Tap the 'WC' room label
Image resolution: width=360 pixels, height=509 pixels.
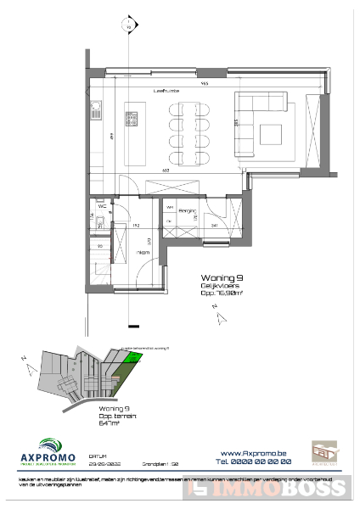point(101,205)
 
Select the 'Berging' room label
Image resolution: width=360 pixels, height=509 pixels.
point(188,207)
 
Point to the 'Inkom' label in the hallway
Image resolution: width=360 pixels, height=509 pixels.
point(144,252)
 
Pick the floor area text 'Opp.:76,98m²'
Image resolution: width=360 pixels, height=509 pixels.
point(223,293)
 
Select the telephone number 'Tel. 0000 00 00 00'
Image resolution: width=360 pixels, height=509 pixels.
point(255,461)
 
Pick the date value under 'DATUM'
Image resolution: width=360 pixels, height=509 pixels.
point(104,463)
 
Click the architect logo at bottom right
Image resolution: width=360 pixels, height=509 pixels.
point(323,452)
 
